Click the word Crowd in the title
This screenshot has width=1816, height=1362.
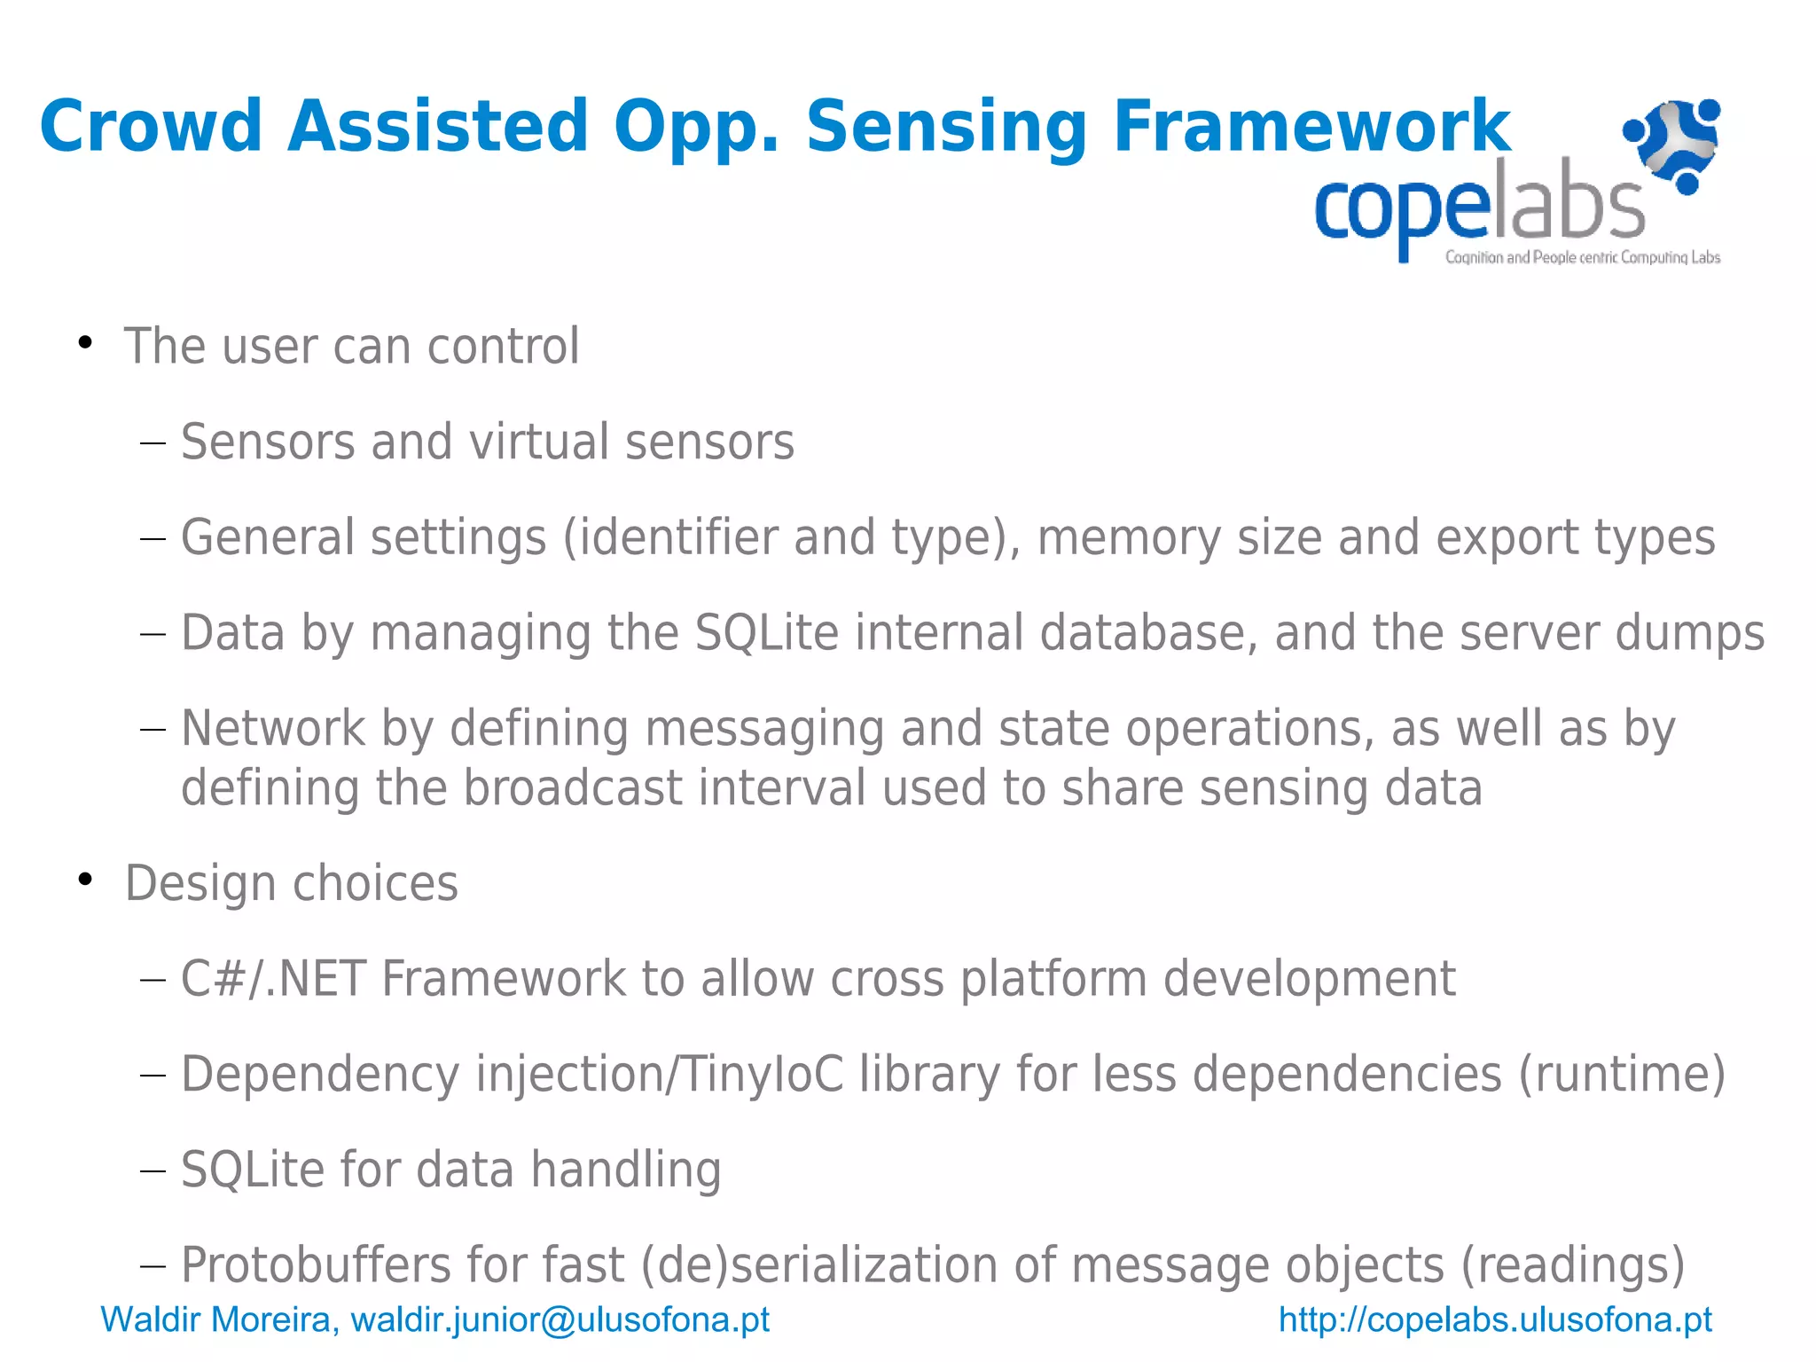point(151,126)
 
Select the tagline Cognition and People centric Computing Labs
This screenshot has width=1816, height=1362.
point(1582,258)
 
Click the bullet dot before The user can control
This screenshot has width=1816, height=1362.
point(85,342)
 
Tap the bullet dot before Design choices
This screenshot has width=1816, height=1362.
point(85,880)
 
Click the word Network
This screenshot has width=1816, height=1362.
point(273,729)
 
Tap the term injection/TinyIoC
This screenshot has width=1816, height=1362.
point(660,1075)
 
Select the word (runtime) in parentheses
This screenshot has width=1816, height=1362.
point(1622,1075)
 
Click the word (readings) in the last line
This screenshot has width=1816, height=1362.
point(1572,1265)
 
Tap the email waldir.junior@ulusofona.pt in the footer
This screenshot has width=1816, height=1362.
point(560,1320)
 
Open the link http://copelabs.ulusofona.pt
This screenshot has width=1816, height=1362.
point(1495,1320)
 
